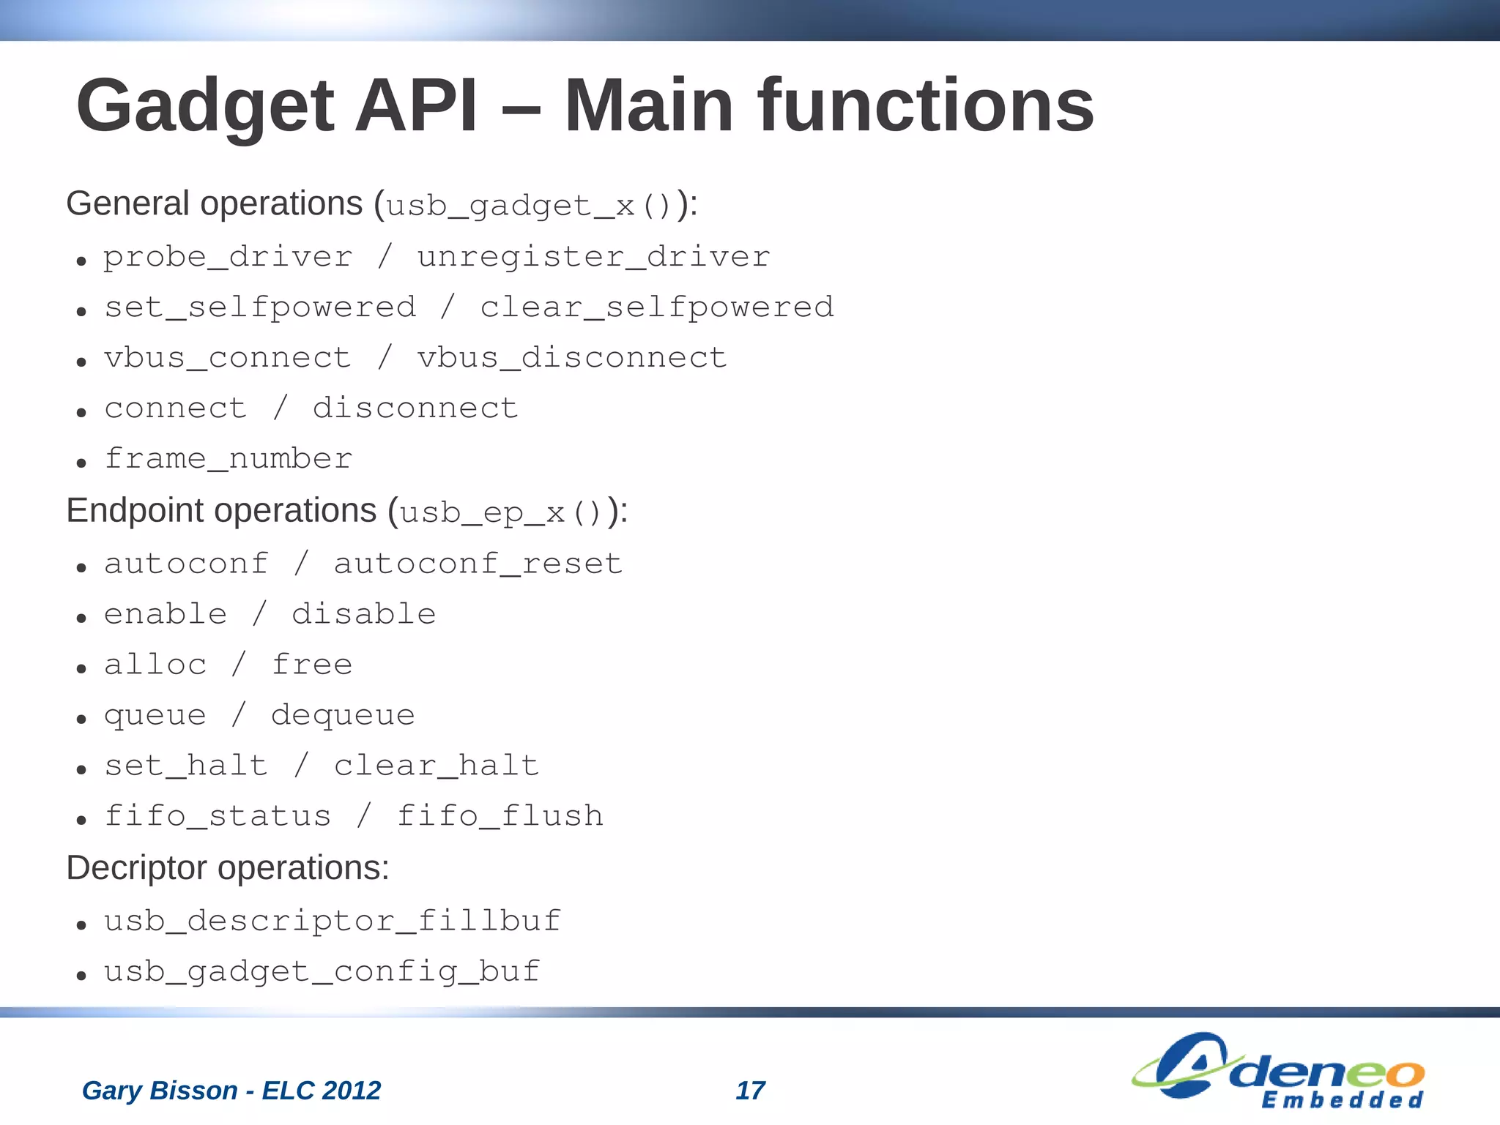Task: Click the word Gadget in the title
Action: pos(205,108)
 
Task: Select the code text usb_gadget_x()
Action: pos(528,206)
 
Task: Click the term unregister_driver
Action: pos(593,257)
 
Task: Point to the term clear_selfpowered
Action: pos(657,307)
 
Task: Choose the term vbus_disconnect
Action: pos(572,358)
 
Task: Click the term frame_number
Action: pos(229,459)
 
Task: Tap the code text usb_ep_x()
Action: pos(501,512)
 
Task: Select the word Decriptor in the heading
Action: pos(137,869)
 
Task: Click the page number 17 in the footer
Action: pos(750,1091)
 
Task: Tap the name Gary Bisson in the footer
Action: pos(160,1091)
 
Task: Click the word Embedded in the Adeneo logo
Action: pos(1342,1100)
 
